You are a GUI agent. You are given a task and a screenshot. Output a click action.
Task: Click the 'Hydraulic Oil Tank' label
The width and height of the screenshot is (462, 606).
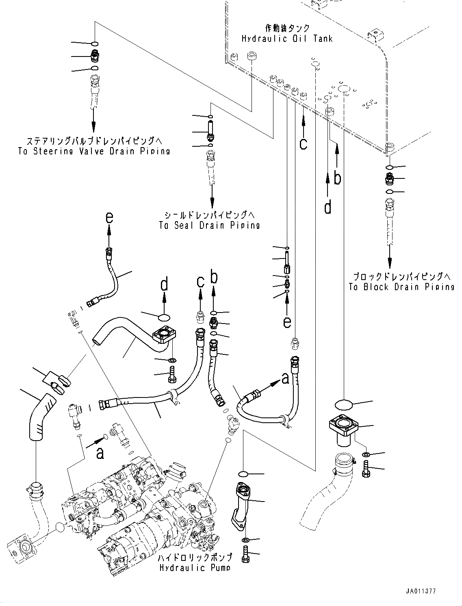(287, 39)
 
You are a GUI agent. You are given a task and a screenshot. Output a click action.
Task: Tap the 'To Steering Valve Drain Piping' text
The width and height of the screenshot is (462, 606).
(94, 151)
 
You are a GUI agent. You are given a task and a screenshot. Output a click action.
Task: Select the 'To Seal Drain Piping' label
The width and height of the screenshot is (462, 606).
(209, 225)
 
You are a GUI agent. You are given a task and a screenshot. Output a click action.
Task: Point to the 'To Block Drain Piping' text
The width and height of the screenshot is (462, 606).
(401, 287)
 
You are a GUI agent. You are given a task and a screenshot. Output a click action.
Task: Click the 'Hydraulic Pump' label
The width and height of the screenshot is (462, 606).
(195, 568)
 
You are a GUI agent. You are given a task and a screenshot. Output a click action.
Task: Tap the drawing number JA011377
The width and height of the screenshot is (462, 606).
(419, 592)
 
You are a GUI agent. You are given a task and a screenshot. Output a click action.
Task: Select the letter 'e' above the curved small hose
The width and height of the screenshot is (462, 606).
(108, 218)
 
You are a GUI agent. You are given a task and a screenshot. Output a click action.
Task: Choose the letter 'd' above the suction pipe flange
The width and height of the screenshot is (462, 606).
(164, 285)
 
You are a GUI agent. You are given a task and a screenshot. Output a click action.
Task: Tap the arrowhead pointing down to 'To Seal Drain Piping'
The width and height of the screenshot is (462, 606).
(212, 202)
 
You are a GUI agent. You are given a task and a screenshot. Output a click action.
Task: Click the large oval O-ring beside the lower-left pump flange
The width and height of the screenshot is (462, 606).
(60, 528)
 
